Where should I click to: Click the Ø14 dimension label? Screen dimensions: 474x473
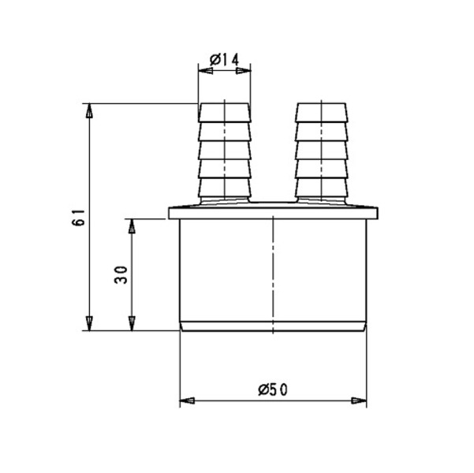click(224, 60)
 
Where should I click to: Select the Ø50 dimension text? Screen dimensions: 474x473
click(273, 390)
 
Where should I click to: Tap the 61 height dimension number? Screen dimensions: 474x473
click(78, 218)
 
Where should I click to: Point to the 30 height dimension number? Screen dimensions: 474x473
click(121, 274)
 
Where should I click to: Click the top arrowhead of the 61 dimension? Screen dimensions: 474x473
click(89, 110)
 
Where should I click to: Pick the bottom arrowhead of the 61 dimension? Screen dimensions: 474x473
click(89, 323)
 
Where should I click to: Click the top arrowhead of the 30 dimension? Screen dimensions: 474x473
click(132, 225)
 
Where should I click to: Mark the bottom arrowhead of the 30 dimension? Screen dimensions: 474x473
click(132, 323)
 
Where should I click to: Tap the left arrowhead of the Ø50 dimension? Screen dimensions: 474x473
click(187, 400)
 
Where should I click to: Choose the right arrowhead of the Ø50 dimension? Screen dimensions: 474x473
click(359, 400)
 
